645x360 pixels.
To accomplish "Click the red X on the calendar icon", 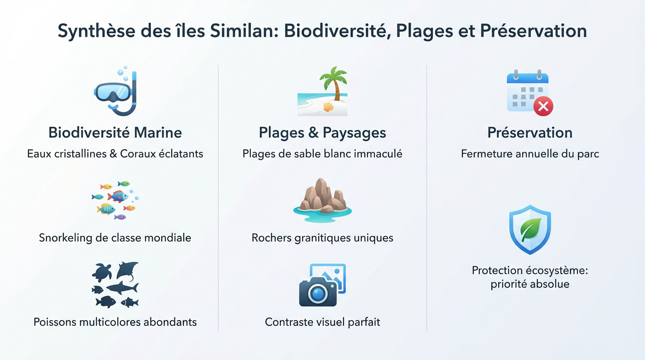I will (543, 107).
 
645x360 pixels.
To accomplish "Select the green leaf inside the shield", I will (530, 229).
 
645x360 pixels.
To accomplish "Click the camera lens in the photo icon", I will (318, 293).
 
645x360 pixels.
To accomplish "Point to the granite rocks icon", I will (322, 197).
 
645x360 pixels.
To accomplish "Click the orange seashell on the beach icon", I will (328, 108).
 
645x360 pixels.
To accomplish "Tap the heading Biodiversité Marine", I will (115, 133).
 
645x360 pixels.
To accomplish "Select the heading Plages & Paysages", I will (322, 133).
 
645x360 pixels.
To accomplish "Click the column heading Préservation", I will (530, 133).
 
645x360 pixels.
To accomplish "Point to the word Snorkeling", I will (66, 238).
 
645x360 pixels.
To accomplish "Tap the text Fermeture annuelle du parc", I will (530, 154).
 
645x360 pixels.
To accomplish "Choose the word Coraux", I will (140, 154).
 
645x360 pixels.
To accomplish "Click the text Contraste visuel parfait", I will (322, 322).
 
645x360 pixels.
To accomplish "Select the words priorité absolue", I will (530, 284).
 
